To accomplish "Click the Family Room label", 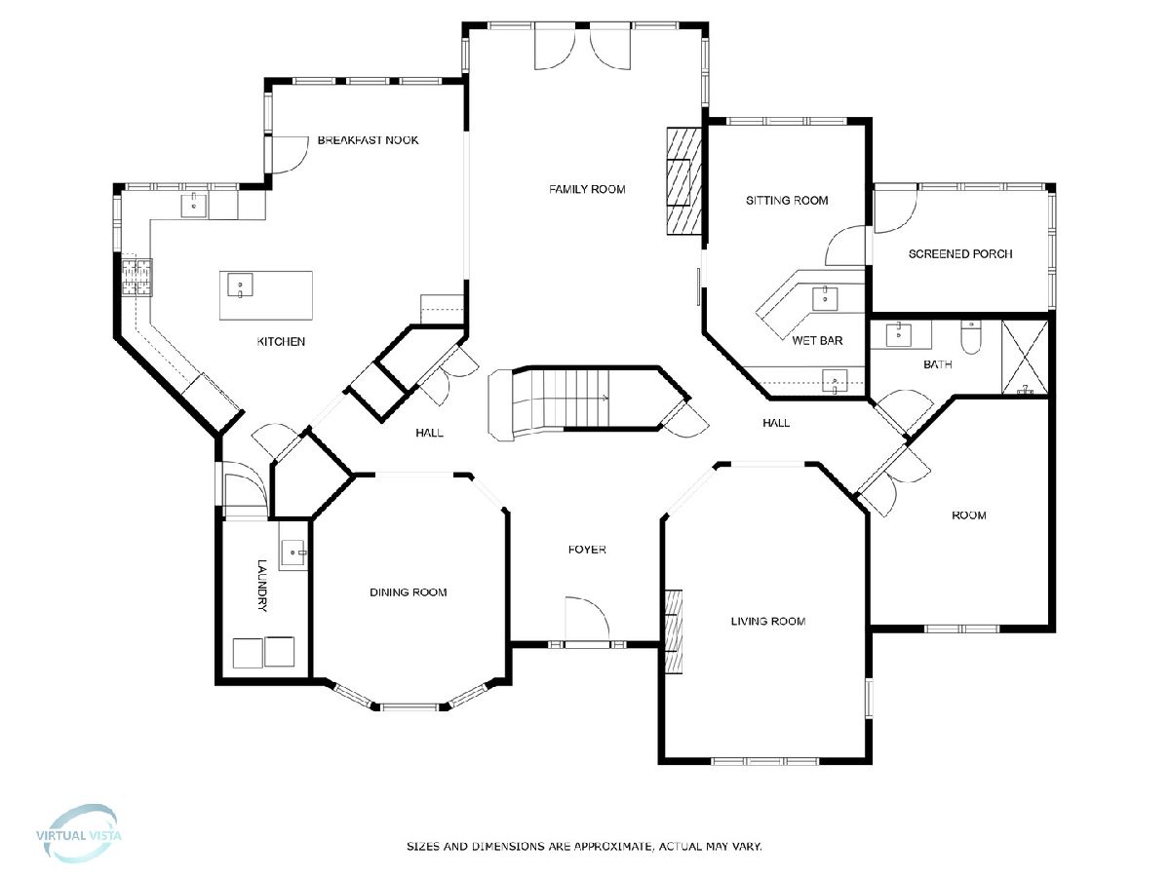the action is pyautogui.click(x=587, y=189).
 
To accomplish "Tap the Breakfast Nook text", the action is pyautogui.click(x=368, y=140).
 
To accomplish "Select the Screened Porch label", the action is pyautogui.click(x=960, y=254).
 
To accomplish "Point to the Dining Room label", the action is pyautogui.click(x=409, y=592).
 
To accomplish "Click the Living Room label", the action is pyautogui.click(x=768, y=621).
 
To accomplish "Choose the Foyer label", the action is pyautogui.click(x=587, y=549).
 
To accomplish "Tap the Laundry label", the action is pyautogui.click(x=261, y=586).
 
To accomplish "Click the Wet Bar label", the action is pyautogui.click(x=817, y=340).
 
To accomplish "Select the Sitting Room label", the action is pyautogui.click(x=787, y=200).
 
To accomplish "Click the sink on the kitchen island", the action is pyautogui.click(x=240, y=285).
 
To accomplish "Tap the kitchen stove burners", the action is pyautogui.click(x=137, y=277).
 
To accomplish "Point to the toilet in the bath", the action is pyautogui.click(x=971, y=337).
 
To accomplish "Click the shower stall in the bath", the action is pyautogui.click(x=1025, y=358).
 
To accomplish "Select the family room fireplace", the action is pyautogui.click(x=683, y=180).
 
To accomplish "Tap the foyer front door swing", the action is pyautogui.click(x=587, y=618).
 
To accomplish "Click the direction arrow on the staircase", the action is pyautogui.click(x=605, y=398).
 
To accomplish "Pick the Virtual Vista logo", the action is pyautogui.click(x=78, y=835).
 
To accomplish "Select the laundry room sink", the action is pyautogui.click(x=293, y=553).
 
